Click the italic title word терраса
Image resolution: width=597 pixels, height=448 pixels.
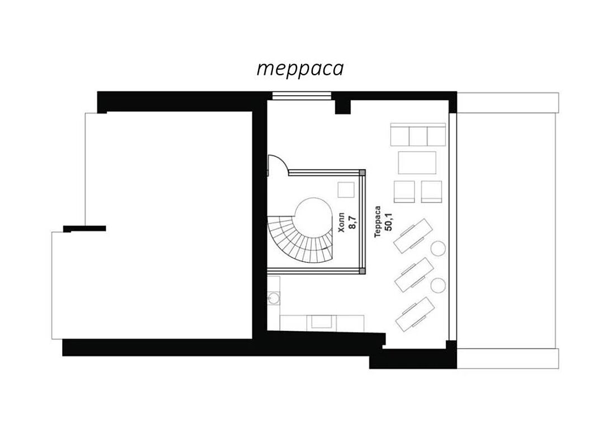click(300, 69)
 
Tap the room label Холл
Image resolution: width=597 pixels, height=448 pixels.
click(341, 222)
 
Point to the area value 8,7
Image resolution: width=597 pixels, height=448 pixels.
click(352, 222)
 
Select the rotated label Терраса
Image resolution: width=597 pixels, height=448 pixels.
click(377, 222)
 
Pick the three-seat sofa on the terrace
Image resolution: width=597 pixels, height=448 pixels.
click(418, 134)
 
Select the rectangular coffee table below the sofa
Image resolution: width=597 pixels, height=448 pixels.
click(417, 162)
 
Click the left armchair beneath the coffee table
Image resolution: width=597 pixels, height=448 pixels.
click(405, 192)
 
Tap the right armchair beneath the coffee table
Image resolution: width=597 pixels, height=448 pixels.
click(431, 192)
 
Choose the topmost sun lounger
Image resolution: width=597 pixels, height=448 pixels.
click(413, 236)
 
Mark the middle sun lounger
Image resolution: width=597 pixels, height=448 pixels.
click(415, 275)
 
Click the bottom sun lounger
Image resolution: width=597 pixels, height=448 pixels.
click(415, 314)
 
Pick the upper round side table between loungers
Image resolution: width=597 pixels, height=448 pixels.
click(438, 249)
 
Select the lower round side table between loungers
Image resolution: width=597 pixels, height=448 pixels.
click(438, 286)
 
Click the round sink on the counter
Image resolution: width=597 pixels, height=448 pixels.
click(274, 298)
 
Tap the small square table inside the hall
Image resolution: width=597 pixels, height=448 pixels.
click(346, 190)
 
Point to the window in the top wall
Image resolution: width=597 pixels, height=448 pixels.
click(302, 96)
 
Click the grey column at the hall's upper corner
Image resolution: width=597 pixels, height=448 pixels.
click(362, 172)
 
